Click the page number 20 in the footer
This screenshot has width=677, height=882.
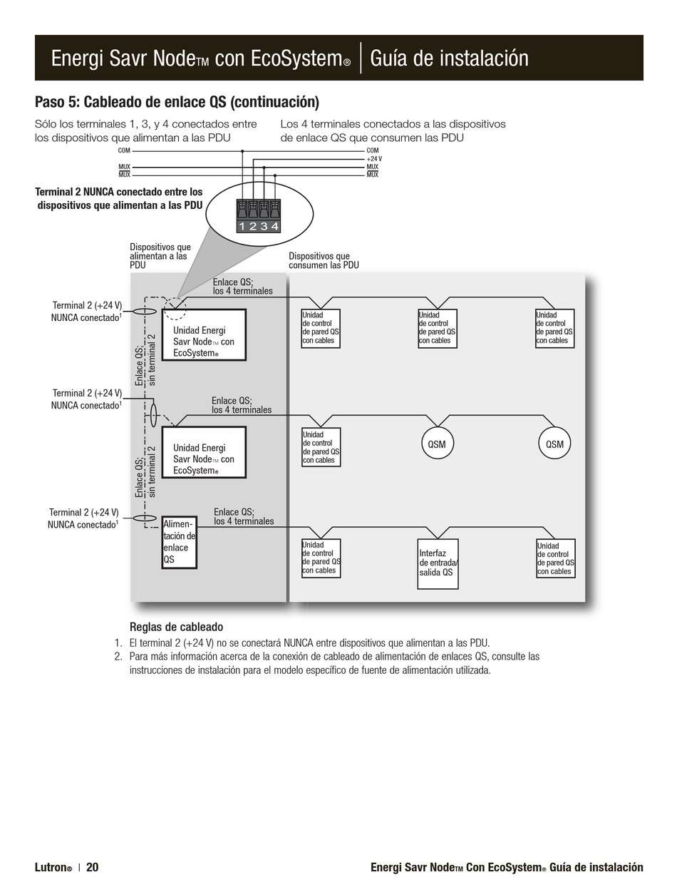click(93, 867)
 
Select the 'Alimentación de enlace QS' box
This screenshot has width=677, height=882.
click(179, 543)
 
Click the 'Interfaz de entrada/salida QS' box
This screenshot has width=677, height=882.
click(438, 563)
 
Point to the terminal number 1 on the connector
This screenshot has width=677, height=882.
click(242, 227)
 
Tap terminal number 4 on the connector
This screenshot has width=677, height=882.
click(275, 227)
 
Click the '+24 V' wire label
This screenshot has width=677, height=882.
click(374, 159)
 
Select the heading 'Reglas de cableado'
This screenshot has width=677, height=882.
click(176, 627)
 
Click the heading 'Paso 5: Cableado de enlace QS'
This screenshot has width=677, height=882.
click(177, 102)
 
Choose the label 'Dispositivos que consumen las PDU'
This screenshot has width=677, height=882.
click(323, 261)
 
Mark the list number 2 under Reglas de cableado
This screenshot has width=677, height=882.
click(118, 656)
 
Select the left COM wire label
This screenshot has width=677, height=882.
click(124, 150)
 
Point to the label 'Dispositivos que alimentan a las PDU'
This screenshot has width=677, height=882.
click(160, 256)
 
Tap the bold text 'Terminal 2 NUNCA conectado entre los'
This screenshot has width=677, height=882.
click(119, 192)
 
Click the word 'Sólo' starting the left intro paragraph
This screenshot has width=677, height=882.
click(46, 124)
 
